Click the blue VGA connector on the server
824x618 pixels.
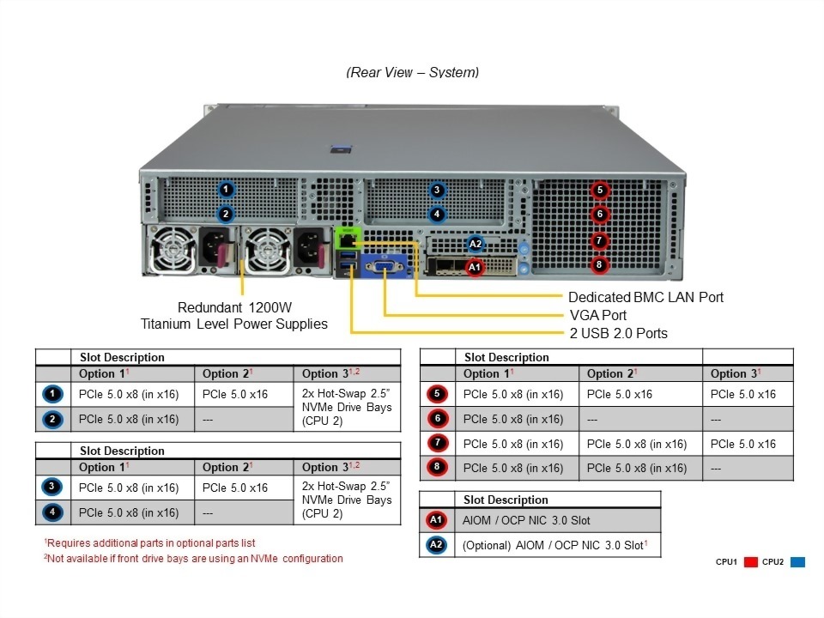point(384,267)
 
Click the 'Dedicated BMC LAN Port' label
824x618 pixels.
point(646,297)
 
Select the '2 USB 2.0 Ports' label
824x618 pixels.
point(618,333)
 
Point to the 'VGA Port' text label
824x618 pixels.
point(598,315)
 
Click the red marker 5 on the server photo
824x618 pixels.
point(599,191)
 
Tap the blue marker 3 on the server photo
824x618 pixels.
point(437,191)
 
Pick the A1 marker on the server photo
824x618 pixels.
point(475,268)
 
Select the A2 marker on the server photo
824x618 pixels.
point(476,244)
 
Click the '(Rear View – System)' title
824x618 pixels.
point(412,72)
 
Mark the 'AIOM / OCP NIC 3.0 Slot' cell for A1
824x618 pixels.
point(526,520)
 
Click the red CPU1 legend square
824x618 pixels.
point(749,562)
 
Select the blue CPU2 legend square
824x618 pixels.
point(797,562)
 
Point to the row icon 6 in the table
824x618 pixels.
point(436,419)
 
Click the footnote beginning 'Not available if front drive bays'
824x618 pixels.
point(194,558)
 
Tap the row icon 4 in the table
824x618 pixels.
point(51,512)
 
